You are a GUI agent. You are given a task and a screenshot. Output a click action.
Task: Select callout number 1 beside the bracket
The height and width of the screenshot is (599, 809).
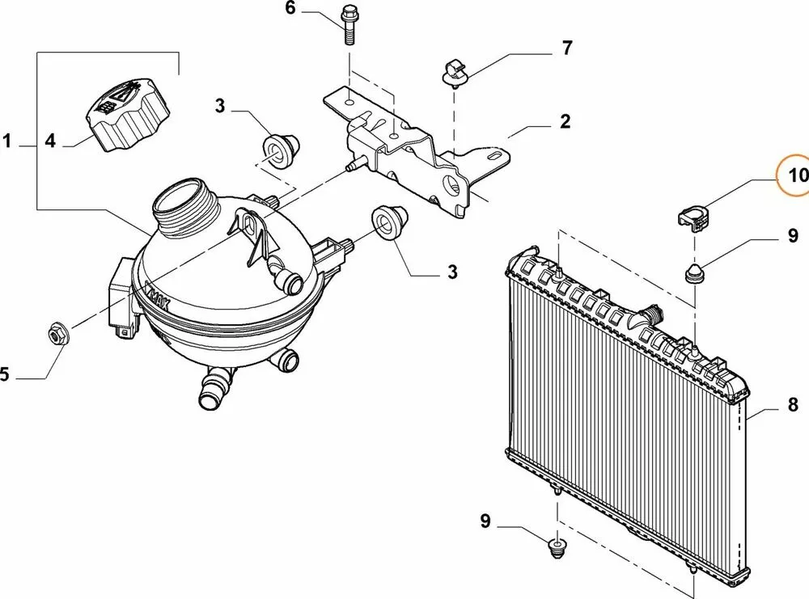click(x=6, y=143)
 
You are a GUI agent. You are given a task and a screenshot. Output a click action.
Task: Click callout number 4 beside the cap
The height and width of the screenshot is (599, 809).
click(x=50, y=141)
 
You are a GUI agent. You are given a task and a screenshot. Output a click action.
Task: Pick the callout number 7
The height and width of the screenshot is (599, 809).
click(x=567, y=49)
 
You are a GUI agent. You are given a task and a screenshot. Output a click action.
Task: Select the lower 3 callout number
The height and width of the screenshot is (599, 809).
click(x=451, y=272)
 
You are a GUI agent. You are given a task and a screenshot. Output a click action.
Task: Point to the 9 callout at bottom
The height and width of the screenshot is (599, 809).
click(x=485, y=521)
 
